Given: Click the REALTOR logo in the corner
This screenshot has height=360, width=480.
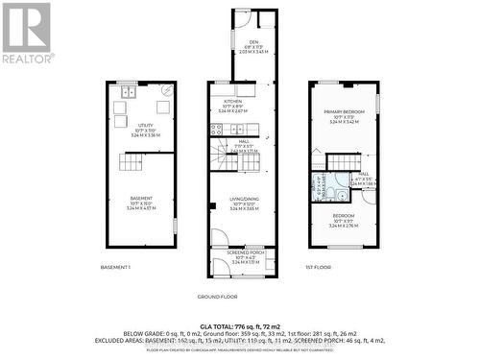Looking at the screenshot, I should (27, 31).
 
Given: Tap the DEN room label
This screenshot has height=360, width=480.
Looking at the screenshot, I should (253, 42).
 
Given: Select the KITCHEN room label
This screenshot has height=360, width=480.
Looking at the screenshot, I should (233, 101).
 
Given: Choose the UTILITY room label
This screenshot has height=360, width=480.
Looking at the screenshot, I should (144, 124).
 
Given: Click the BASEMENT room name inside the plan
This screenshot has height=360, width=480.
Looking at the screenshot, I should (141, 199).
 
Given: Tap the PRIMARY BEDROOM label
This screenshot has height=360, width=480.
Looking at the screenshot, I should (344, 112).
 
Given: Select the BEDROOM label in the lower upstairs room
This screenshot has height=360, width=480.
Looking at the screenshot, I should (344, 216).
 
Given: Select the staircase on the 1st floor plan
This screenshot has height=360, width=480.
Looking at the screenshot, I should (343, 162).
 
